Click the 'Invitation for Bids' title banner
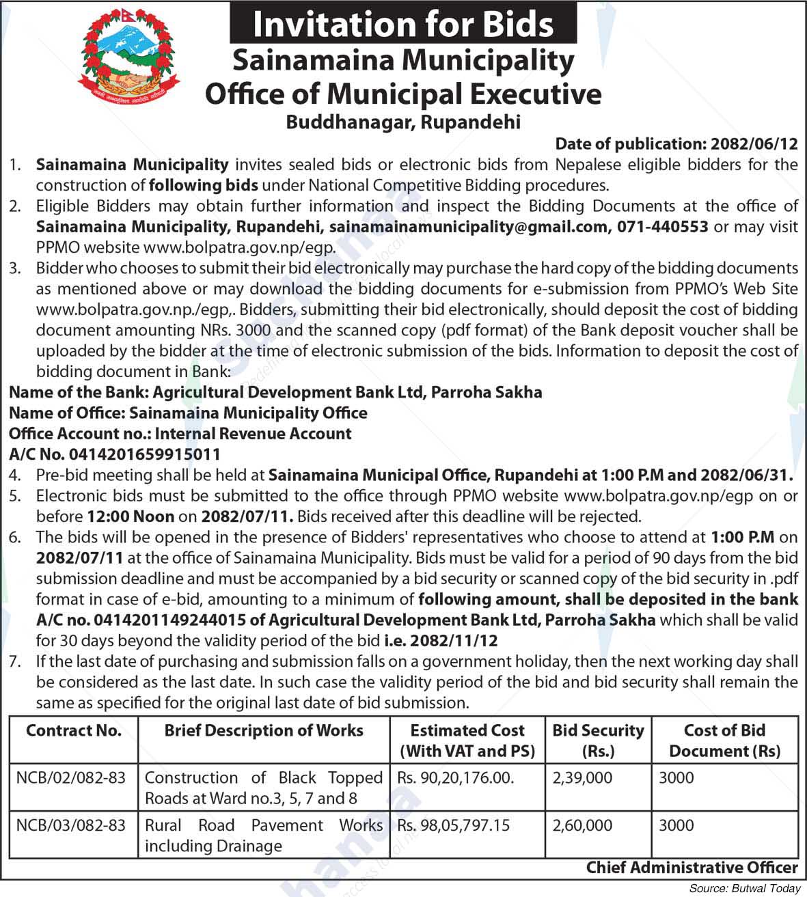(403, 24)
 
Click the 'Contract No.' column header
(74, 730)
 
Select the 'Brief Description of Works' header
(264, 730)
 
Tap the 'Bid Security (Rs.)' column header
(598, 741)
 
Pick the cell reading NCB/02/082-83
(71, 777)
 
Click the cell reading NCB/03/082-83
(71, 825)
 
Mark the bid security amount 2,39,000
(582, 777)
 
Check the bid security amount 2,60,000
(582, 825)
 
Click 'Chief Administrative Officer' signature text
(692, 868)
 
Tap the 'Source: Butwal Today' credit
(744, 889)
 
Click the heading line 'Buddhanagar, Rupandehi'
(403, 122)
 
